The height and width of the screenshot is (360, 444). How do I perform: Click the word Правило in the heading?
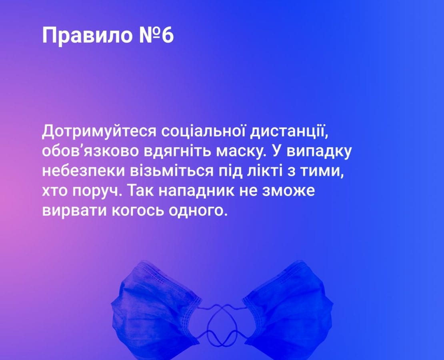pyautogui.click(x=87, y=36)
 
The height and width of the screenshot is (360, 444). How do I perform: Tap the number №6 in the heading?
pyautogui.click(x=156, y=35)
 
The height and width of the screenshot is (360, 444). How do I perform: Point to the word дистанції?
pyautogui.click(x=289, y=132)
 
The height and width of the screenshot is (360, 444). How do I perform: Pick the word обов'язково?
pyautogui.click(x=91, y=151)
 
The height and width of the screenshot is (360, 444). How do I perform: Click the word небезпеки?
pyautogui.click(x=84, y=172)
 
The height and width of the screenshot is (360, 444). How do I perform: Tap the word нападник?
pyautogui.click(x=196, y=191)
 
